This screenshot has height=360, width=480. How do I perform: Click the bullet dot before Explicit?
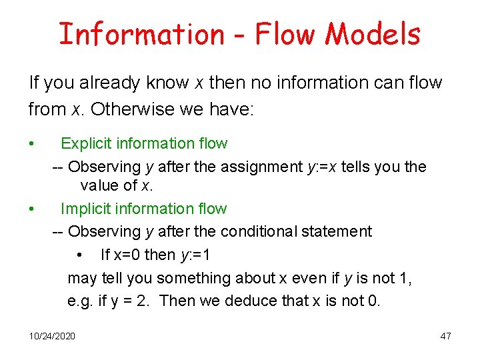click(x=31, y=144)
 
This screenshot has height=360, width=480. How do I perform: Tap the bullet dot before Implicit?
click(x=31, y=209)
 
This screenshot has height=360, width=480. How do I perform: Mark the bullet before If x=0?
click(x=79, y=255)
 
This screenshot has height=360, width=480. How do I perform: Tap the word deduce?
click(x=253, y=301)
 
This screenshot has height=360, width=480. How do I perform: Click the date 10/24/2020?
click(x=53, y=335)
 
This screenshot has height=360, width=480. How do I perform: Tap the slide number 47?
click(x=445, y=335)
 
